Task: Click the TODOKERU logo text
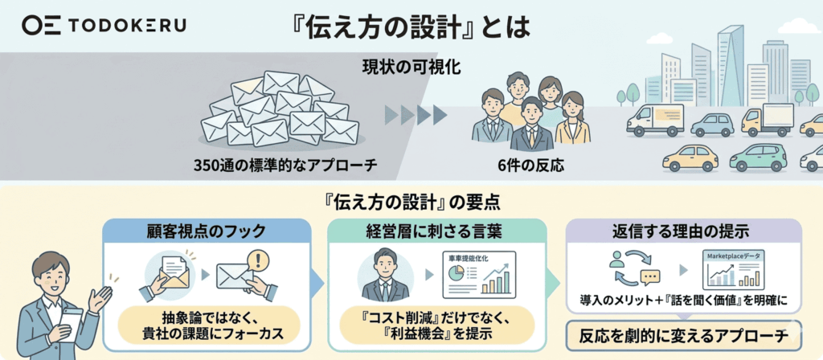126,26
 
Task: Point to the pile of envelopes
280,111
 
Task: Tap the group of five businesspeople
530,112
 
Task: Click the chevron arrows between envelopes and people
416,115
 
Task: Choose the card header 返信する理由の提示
683,231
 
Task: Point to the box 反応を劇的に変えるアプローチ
684,335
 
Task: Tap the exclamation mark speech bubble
256,260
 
